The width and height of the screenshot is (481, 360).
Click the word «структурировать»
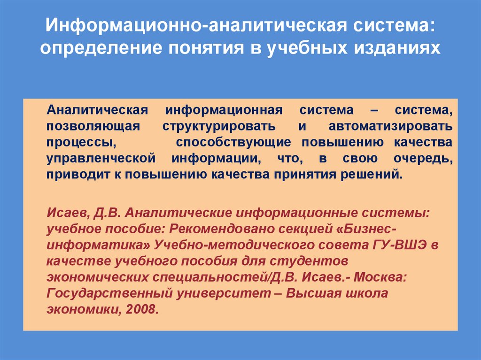[x=219, y=127]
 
